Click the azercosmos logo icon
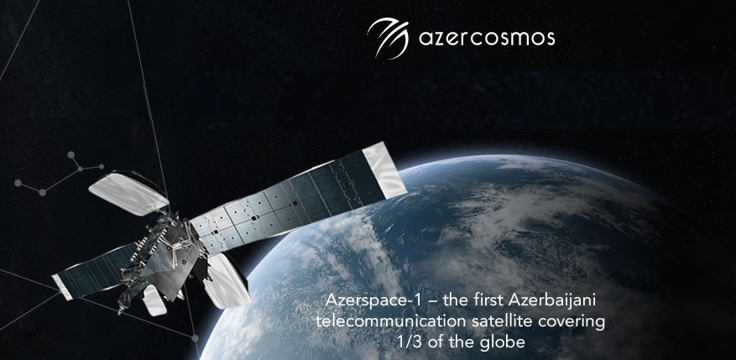(388, 38)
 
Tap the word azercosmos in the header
(487, 39)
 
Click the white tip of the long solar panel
(385, 170)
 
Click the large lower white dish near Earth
(227, 280)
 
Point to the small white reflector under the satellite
(154, 300)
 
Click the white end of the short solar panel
(62, 287)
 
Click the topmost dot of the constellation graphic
(70, 154)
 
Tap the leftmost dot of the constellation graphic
(18, 183)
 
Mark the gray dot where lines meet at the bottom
(195, 338)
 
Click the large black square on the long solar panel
(253, 218)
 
